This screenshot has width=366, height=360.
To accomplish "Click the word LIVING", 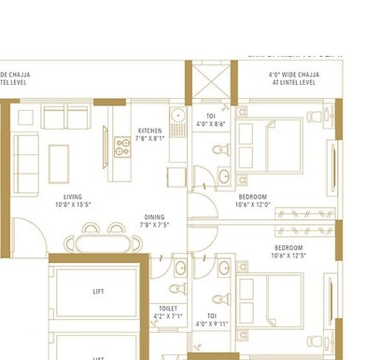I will coord(73,197).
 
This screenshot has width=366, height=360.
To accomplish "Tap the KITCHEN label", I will coord(149,131).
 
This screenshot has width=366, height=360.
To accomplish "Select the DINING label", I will coord(154,215).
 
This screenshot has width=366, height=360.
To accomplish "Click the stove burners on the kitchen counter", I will coord(120,145).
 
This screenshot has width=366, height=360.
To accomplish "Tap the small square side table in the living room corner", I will coord(25,118).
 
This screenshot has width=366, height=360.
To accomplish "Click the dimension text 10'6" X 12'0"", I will coord(252,205).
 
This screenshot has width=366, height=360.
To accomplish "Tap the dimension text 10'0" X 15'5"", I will coord(73,206).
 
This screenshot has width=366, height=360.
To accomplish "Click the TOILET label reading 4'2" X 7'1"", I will coord(168,312).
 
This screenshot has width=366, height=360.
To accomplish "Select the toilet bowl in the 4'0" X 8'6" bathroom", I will coord(218,149).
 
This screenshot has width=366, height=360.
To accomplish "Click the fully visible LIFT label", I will coord(98,292).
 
